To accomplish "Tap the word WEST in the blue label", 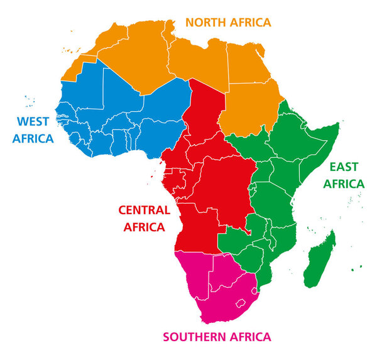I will tap(33, 121).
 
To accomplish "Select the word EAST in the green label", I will tap(344, 167).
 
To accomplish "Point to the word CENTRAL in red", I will tap(144, 210).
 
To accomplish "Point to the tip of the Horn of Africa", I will tap(338, 125).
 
